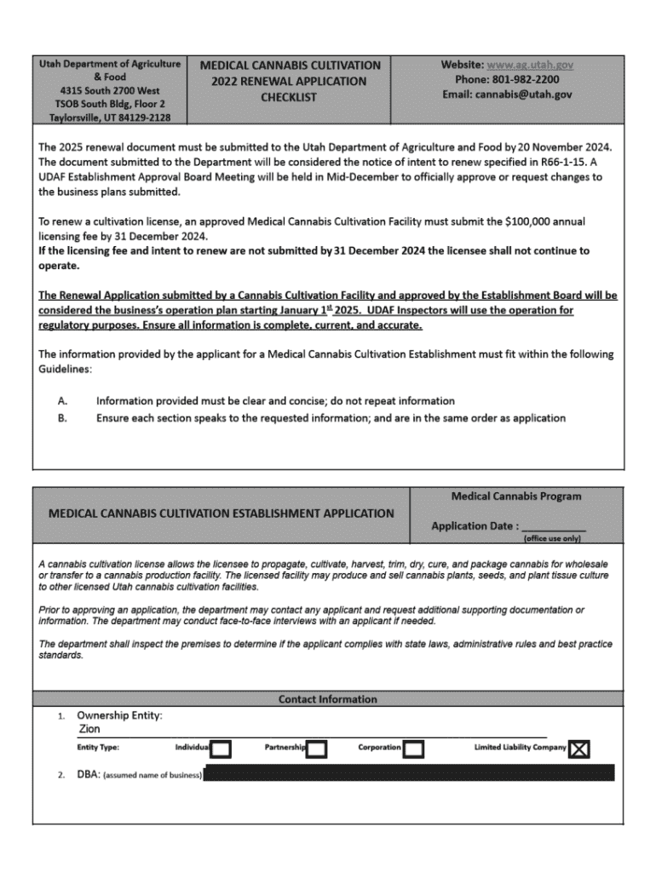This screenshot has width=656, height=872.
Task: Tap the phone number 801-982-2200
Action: point(525,79)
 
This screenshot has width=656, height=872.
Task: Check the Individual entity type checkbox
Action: point(221,749)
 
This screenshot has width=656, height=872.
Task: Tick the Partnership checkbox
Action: point(317,749)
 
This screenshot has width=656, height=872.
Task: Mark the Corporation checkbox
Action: point(414,749)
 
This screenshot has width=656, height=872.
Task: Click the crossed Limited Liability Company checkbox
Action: point(579,749)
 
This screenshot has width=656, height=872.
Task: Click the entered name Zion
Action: point(89,729)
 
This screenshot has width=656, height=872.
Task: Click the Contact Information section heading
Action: point(327,699)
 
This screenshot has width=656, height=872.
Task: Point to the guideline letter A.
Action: point(62,400)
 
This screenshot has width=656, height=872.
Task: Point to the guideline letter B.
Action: point(62,418)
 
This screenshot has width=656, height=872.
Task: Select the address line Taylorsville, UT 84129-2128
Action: point(111,117)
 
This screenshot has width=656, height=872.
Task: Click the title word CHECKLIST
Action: point(289,97)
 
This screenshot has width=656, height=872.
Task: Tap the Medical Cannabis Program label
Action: point(516,496)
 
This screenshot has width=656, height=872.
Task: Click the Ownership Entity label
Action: point(119,715)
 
